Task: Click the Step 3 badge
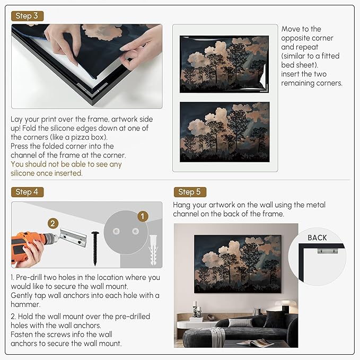point(27,16)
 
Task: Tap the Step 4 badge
point(27,192)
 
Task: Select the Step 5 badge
point(190,192)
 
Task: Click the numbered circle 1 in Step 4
point(143,216)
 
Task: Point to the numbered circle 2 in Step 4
point(53,223)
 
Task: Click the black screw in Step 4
point(95,249)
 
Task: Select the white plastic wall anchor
point(153,250)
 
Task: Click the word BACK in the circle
point(317,238)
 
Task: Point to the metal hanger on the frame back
point(328,251)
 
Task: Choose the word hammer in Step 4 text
point(25,304)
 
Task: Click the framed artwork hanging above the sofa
point(238,264)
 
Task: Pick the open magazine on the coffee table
point(256,343)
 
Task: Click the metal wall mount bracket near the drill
point(73,238)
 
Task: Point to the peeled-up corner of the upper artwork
point(265,76)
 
